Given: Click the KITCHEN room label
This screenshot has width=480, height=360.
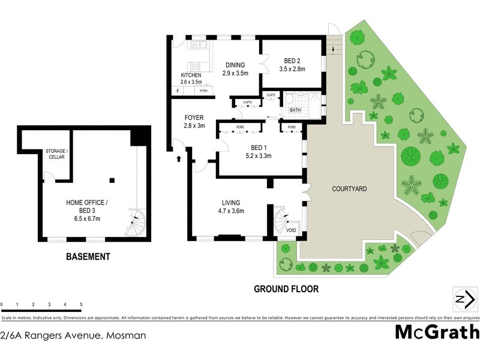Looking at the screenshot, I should tap(190, 75).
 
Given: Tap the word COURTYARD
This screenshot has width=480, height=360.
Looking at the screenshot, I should tap(349, 189).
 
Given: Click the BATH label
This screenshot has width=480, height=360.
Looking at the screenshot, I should tap(295, 110).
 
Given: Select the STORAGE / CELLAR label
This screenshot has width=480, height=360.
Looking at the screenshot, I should tap(56, 154).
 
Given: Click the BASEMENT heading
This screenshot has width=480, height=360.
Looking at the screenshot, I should tap(88, 257).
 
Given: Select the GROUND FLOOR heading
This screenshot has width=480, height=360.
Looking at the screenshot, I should tap(286, 289).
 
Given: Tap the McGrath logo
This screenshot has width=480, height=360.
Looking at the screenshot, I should tap(437, 332).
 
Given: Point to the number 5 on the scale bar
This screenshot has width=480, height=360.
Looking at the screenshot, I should tap(80, 305).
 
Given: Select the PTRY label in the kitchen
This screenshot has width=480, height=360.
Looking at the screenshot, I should tap(204, 91).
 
